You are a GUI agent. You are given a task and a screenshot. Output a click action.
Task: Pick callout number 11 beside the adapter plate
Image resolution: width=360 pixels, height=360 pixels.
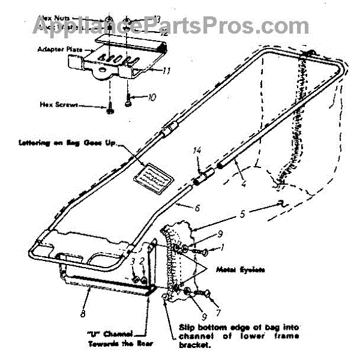click(x=167, y=71)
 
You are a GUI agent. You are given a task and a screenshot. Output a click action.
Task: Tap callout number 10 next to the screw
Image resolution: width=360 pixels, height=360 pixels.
click(x=152, y=96)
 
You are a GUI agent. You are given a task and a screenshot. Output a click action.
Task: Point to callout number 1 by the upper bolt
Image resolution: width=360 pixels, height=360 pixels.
click(x=222, y=247)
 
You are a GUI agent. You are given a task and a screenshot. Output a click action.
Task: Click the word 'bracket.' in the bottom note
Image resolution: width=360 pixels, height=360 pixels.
click(x=196, y=346)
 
